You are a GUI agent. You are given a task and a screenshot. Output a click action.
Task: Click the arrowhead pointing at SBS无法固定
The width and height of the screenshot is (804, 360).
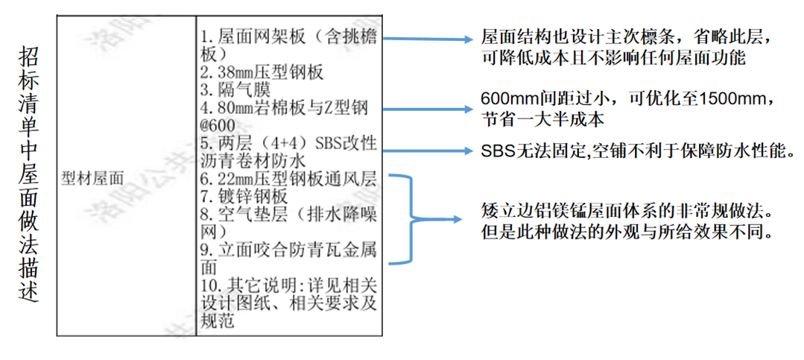point(469,150)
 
